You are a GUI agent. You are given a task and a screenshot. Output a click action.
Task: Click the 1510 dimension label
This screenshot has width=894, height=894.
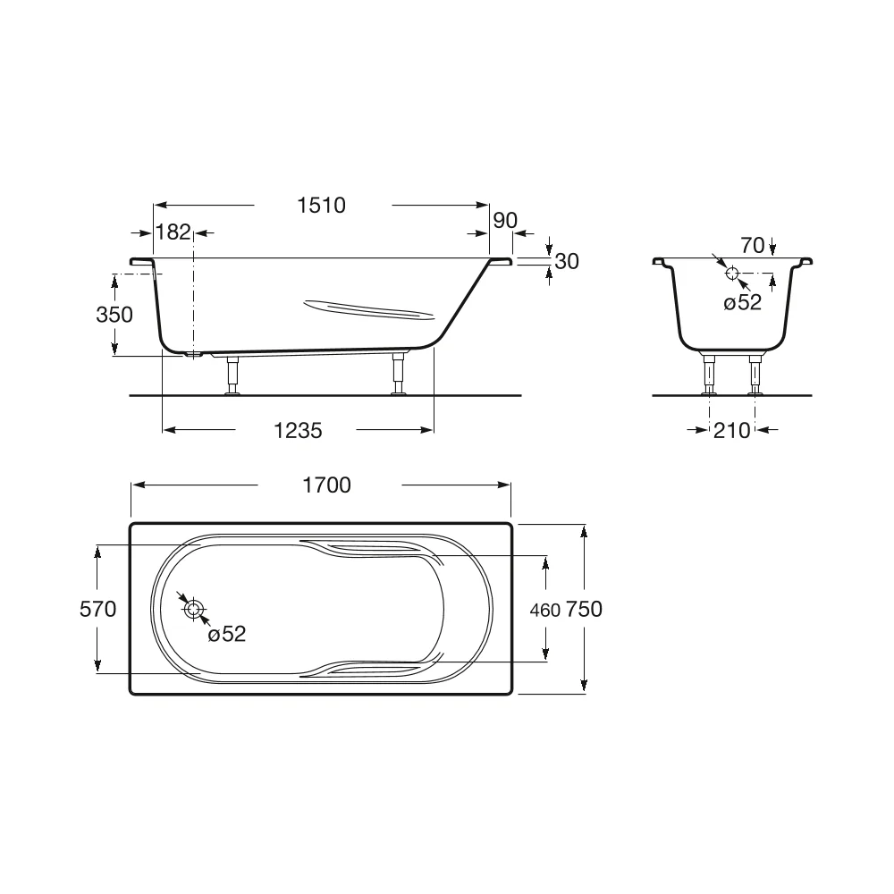click(x=322, y=206)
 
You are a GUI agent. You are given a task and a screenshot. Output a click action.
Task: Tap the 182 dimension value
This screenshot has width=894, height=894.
click(x=173, y=232)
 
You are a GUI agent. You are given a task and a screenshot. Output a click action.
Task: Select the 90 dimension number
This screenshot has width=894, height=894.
click(x=505, y=220)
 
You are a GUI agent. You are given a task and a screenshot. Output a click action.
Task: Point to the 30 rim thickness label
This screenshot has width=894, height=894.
click(x=567, y=261)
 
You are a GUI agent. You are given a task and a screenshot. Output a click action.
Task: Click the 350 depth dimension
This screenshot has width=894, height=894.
click(x=114, y=314)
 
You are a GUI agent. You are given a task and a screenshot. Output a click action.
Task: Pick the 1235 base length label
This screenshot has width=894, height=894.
click(x=298, y=431)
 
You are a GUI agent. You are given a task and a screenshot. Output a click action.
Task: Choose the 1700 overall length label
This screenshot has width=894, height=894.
click(x=326, y=485)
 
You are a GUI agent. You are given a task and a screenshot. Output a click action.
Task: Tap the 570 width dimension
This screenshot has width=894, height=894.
click(x=98, y=609)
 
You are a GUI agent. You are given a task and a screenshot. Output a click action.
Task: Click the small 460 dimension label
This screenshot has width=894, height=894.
click(x=545, y=611)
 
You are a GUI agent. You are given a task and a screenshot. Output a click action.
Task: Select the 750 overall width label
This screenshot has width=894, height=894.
click(x=584, y=609)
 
